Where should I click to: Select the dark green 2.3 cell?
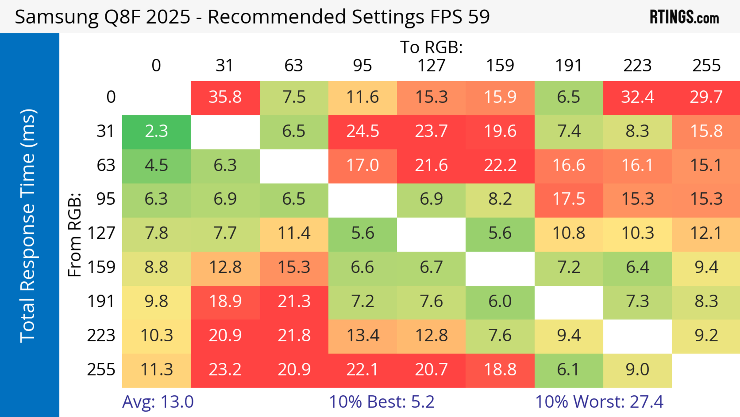point(156,131)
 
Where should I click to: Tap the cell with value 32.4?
point(637,97)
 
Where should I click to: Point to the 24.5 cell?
point(362,131)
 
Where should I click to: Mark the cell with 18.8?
point(500,370)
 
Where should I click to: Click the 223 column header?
point(637,66)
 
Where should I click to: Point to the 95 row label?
point(106,199)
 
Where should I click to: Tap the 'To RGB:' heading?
point(431,47)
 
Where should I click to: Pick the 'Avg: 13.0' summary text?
point(158,402)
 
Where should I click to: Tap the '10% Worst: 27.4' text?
point(599,402)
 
